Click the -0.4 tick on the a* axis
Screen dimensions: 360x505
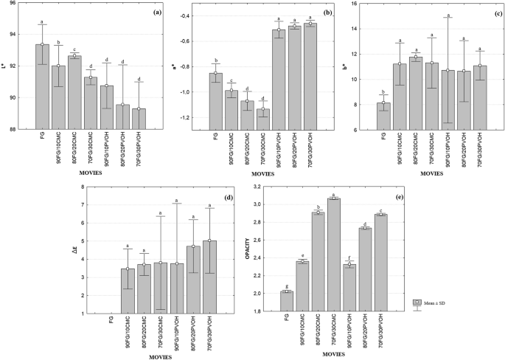pos(183,15)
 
